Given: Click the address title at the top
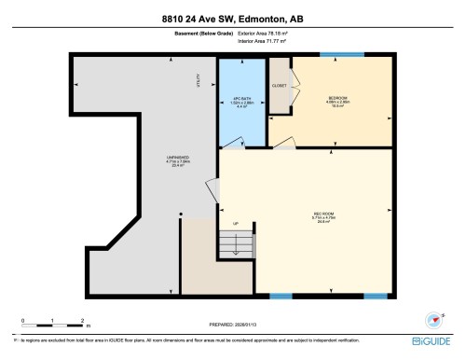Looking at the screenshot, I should [232, 17].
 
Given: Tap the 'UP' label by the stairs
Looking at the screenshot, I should [236, 224].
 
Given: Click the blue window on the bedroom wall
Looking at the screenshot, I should [328, 55].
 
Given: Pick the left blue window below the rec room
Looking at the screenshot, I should [280, 296].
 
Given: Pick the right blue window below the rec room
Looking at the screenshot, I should [376, 296].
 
